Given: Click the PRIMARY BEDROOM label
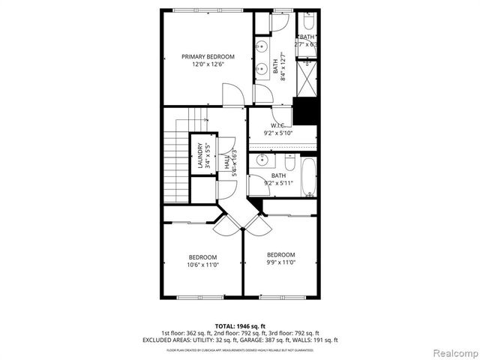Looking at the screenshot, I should coord(208,56).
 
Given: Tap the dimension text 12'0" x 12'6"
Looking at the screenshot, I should coord(208,64).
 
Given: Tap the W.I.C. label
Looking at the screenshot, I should coord(277,125).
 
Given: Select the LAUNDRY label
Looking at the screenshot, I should coord(199,155).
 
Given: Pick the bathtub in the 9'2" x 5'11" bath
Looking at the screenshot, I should coord(309,178).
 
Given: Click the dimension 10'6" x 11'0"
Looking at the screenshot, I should coord(202,264).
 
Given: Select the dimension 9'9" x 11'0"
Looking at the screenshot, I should coord(280,262).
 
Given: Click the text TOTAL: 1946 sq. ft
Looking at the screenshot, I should coord(240,325).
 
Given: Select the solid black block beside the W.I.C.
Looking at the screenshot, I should coord(306,112).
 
